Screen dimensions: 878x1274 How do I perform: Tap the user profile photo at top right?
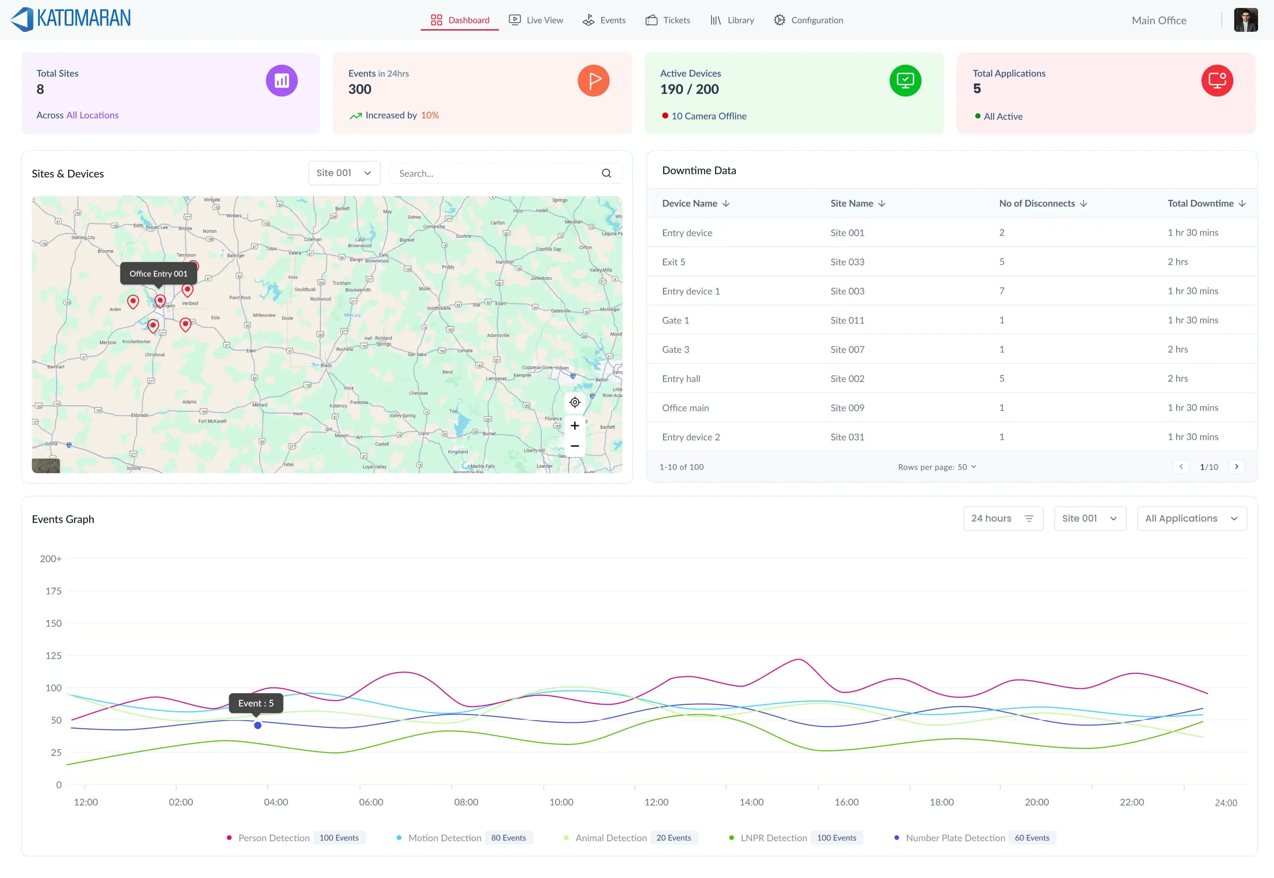pyautogui.click(x=1245, y=20)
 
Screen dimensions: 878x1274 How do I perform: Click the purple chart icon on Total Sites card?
pyautogui.click(x=282, y=81)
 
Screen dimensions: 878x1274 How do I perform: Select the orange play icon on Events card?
pyautogui.click(x=593, y=81)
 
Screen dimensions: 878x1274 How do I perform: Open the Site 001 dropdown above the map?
pyautogui.click(x=344, y=173)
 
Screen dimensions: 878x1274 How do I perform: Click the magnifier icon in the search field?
pyautogui.click(x=606, y=173)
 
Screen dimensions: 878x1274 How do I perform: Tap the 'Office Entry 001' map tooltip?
pyautogui.click(x=158, y=273)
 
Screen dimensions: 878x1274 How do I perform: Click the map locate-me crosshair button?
pyautogui.click(x=575, y=402)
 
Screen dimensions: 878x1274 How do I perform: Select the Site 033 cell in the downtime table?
pyautogui.click(x=847, y=262)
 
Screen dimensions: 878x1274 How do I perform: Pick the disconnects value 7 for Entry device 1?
pyautogui.click(x=1002, y=291)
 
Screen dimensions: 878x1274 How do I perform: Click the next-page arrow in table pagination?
pyautogui.click(x=1236, y=466)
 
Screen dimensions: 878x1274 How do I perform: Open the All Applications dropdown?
pyautogui.click(x=1191, y=518)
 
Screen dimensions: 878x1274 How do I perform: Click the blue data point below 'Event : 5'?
pyautogui.click(x=257, y=725)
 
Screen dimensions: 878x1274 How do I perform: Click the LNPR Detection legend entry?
pyautogui.click(x=773, y=838)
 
